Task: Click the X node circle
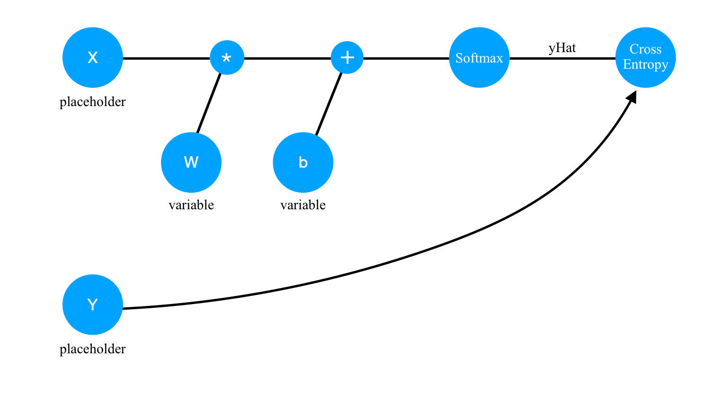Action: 93,58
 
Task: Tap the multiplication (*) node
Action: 227,58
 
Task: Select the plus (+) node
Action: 347,58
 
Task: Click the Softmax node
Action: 479,58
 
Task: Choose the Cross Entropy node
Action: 645,58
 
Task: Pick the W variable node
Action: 191,162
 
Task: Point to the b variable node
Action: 303,162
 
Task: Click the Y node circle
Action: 93,304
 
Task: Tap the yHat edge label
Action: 562,48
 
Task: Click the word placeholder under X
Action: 93,102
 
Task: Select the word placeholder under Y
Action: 93,349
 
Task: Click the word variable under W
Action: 191,205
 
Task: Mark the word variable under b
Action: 303,205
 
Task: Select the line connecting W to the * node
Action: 209,104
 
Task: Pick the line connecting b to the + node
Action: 328,104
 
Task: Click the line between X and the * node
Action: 166,58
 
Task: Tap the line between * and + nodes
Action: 287,58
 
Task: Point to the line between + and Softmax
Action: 406,58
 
